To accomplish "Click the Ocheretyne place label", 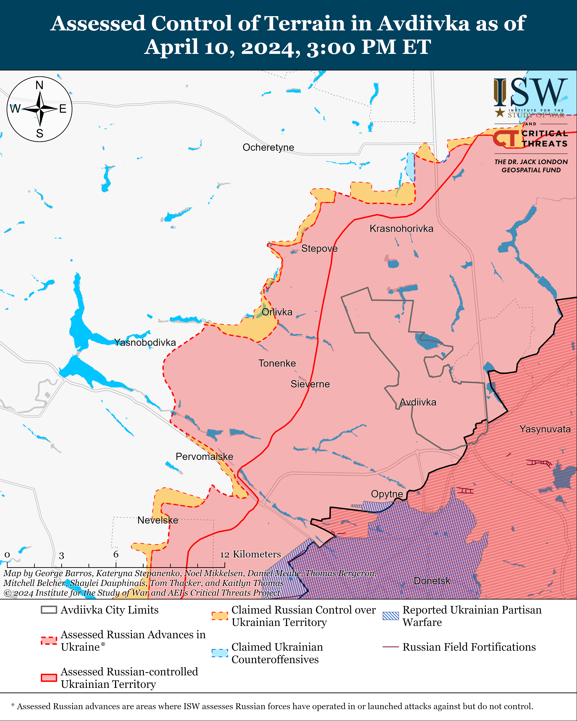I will (x=268, y=147).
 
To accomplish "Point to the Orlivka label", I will (x=277, y=312).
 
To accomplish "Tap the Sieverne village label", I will (x=310, y=384).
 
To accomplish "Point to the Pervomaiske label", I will (x=204, y=456).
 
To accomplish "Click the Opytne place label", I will (x=387, y=494).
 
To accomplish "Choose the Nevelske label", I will (x=158, y=520).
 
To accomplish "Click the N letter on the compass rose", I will (x=39, y=86).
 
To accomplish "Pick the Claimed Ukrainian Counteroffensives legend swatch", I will (x=220, y=653).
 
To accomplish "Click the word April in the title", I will (x=171, y=47).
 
